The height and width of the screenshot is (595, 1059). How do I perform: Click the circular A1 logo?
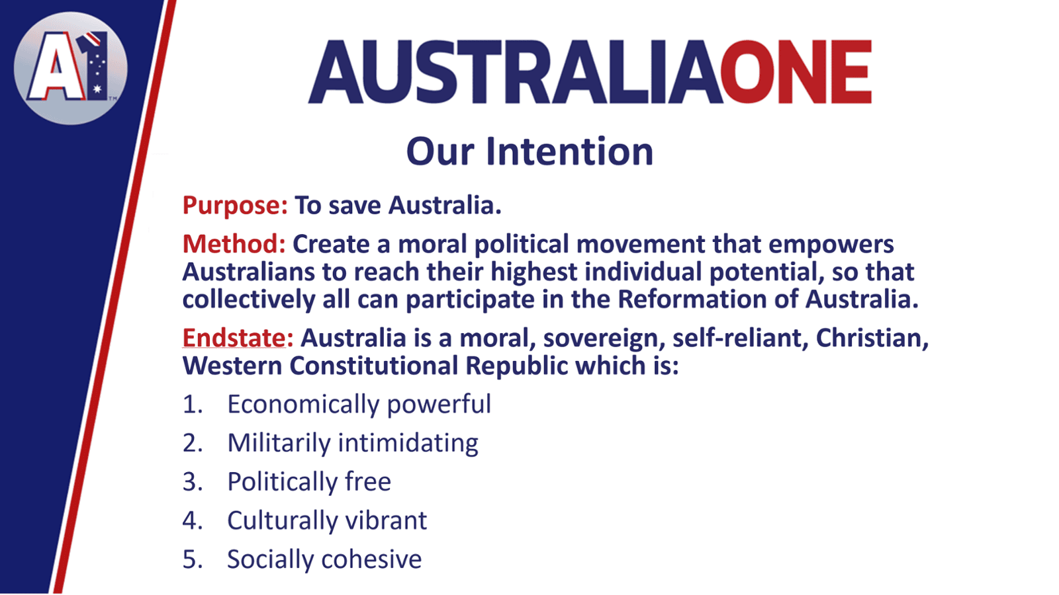71,69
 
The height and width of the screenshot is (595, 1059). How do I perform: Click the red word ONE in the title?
796,72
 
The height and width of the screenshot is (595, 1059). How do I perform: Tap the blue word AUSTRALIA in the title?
515,72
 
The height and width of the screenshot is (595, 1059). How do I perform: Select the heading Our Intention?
529,151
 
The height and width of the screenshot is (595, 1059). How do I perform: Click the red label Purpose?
235,206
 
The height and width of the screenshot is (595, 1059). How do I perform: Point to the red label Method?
234,244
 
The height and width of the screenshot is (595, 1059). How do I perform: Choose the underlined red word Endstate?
234,338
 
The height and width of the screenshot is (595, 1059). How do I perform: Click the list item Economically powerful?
359,405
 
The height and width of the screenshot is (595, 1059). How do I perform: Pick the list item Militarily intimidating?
353,444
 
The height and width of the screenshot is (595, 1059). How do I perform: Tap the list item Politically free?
309,482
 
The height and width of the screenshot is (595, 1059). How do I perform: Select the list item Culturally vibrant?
327,521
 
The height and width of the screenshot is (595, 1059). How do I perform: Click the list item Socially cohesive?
324,559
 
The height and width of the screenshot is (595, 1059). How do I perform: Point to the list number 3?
193,482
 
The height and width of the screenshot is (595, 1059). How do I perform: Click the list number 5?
193,559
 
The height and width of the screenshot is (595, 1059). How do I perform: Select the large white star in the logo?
97,89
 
